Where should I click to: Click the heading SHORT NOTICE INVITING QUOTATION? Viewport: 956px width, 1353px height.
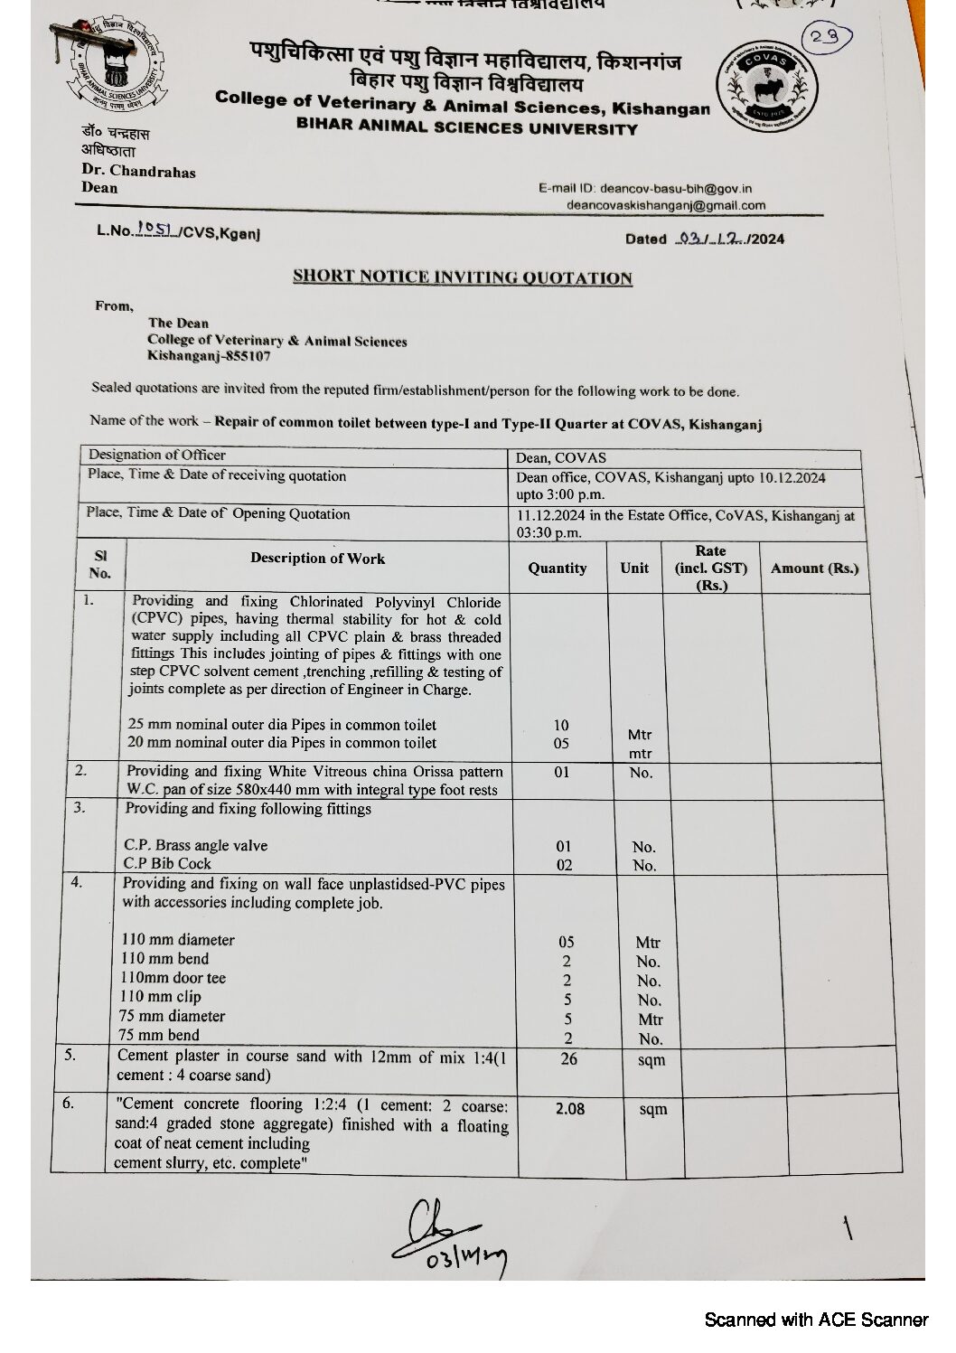[x=462, y=277]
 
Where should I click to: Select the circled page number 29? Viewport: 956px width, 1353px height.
[x=824, y=38]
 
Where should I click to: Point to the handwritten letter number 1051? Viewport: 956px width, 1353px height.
[x=155, y=231]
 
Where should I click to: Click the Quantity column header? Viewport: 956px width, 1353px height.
[x=558, y=568]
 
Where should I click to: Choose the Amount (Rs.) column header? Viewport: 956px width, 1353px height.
[x=814, y=568]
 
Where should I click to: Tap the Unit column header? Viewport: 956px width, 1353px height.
[x=634, y=568]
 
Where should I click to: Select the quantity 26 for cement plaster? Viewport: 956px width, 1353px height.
[x=568, y=1058]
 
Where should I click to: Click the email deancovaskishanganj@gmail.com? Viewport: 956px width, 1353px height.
[x=666, y=205]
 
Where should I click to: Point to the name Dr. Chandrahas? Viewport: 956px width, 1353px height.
[x=138, y=171]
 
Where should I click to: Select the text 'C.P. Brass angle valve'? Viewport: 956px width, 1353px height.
[x=195, y=846]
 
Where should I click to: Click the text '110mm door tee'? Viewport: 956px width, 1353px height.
[x=173, y=978]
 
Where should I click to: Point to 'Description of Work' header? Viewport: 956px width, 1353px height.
[x=317, y=559]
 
